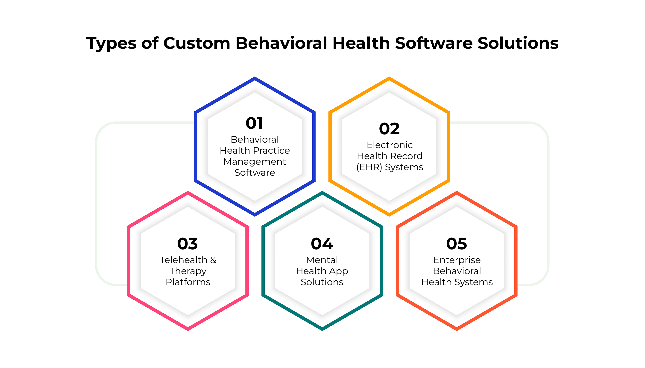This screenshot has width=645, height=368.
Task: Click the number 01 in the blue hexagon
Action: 254,123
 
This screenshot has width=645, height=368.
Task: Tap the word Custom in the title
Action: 197,43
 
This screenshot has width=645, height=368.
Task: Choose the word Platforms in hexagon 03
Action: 188,282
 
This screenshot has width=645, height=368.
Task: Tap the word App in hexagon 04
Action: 338,271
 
